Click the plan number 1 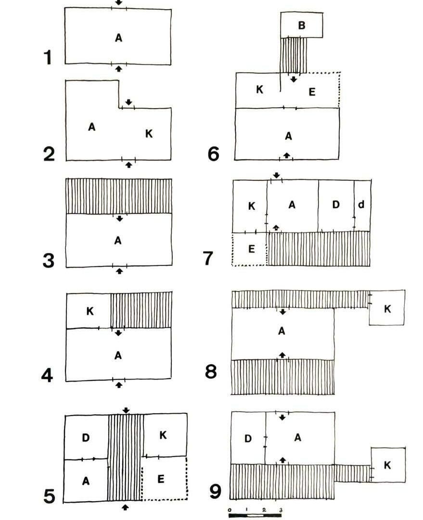[48, 57]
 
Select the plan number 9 [216, 492]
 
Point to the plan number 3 [49, 260]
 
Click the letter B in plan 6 [302, 25]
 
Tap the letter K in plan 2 [149, 134]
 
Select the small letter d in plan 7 [361, 204]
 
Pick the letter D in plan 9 [248, 438]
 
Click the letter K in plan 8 [387, 309]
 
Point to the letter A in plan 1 [118, 38]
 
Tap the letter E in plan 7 [251, 249]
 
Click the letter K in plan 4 [90, 311]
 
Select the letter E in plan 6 [312, 92]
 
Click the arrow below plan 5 [126, 507]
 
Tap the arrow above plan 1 [119, 2]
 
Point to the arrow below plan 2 [128, 165]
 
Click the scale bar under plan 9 [255, 516]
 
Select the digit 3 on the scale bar [281, 509]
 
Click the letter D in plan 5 [86, 438]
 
